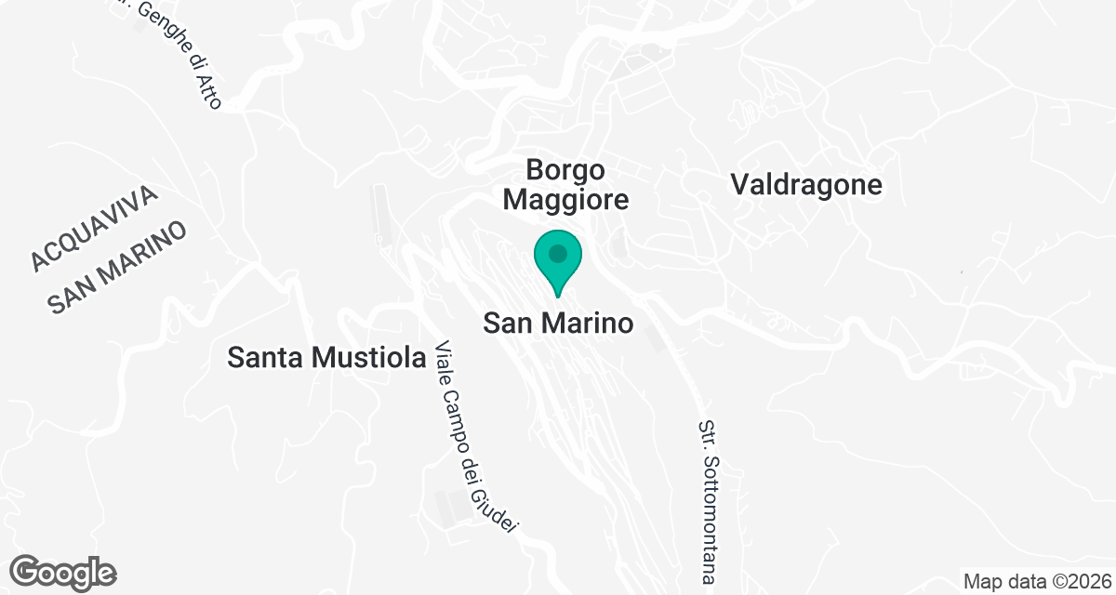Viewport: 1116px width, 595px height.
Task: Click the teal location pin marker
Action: pyautogui.click(x=558, y=260)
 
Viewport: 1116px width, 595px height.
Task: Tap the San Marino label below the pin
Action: pyautogui.click(x=558, y=324)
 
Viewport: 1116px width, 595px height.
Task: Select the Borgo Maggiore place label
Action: pyautogui.click(x=578, y=184)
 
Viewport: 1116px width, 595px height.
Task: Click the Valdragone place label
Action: pyautogui.click(x=806, y=184)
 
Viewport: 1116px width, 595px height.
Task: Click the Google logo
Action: pyautogui.click(x=64, y=571)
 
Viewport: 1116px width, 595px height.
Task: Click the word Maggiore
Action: pyautogui.click(x=578, y=199)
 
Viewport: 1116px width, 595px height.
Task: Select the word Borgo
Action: pyautogui.click(x=565, y=170)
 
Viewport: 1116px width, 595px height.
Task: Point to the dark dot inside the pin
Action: pyautogui.click(x=558, y=253)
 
